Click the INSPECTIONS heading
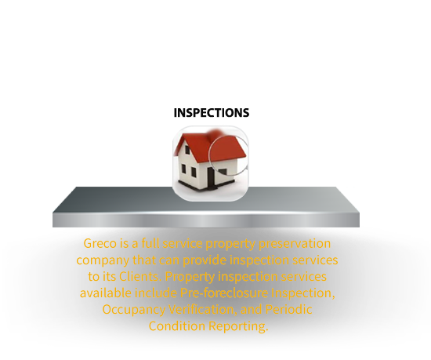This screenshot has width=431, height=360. click(x=212, y=113)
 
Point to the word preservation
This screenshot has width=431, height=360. click(x=295, y=244)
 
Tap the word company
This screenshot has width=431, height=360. click(x=103, y=260)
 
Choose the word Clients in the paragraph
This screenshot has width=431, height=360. click(x=140, y=276)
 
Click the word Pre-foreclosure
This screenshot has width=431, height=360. click(x=224, y=293)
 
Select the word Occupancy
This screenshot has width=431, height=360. click(x=133, y=310)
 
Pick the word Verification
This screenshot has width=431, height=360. click(x=203, y=309)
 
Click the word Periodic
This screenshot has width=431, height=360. click(x=288, y=309)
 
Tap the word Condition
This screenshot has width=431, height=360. click(x=177, y=326)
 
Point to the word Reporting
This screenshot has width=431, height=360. click(x=238, y=326)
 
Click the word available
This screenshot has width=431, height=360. click(x=106, y=293)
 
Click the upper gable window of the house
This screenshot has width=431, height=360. click(x=187, y=150)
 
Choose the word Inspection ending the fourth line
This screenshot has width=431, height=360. click(x=303, y=293)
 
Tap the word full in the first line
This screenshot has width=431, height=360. click(x=150, y=243)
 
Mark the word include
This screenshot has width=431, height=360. click(x=156, y=293)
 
